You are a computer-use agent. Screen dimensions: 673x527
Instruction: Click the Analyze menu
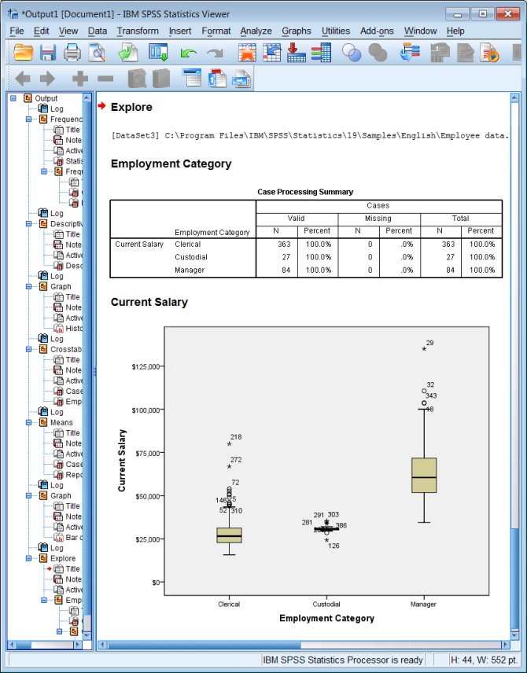point(256,31)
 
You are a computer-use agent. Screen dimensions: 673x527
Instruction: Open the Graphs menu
point(297,31)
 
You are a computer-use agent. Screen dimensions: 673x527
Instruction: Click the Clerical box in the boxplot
point(229,535)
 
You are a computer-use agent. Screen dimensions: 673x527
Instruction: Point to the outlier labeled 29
point(424,348)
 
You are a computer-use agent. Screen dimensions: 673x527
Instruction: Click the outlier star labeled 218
point(229,443)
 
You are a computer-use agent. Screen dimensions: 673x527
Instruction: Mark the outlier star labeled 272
point(229,466)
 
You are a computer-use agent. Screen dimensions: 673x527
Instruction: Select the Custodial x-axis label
point(326,605)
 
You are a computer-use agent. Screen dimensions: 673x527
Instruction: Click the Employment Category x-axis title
point(326,618)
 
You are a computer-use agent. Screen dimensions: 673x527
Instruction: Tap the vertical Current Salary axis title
point(123,460)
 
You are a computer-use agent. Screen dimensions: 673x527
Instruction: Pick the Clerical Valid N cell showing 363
point(276,245)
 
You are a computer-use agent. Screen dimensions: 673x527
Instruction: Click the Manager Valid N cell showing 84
point(276,270)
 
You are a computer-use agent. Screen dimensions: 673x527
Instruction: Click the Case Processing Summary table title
point(305,192)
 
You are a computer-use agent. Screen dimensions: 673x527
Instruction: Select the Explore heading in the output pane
point(131,107)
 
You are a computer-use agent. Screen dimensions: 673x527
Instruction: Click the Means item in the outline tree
point(61,422)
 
